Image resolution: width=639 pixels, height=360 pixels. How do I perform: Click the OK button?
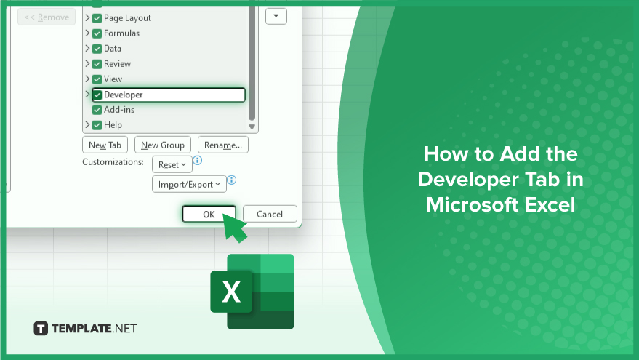(x=209, y=214)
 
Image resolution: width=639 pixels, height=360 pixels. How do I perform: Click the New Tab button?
(x=105, y=145)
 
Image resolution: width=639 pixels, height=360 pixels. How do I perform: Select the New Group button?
(x=163, y=145)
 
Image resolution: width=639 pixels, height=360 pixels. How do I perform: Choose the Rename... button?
(x=223, y=145)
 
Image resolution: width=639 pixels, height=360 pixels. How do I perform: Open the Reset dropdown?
(x=172, y=164)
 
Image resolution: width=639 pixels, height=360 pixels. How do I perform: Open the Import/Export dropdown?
(x=189, y=184)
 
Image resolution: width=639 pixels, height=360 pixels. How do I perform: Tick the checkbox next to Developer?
(x=97, y=95)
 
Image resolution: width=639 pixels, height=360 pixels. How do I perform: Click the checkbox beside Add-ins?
(x=97, y=110)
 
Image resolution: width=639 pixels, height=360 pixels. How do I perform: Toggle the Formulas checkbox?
(x=97, y=33)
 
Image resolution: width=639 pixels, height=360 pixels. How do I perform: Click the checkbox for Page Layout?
(x=97, y=18)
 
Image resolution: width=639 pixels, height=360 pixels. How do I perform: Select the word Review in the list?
(x=117, y=63)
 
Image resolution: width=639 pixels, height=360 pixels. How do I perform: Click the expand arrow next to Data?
(x=87, y=48)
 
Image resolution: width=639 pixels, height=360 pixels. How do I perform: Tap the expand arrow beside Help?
(x=87, y=124)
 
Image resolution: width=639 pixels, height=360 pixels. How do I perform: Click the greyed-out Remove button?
(x=47, y=17)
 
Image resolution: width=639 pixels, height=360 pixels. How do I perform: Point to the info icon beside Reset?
(x=197, y=160)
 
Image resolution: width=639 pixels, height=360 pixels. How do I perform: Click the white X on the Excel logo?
(x=231, y=292)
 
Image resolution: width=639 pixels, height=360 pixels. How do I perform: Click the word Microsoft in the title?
(x=473, y=204)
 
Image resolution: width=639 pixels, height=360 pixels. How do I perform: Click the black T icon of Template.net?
(x=41, y=328)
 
